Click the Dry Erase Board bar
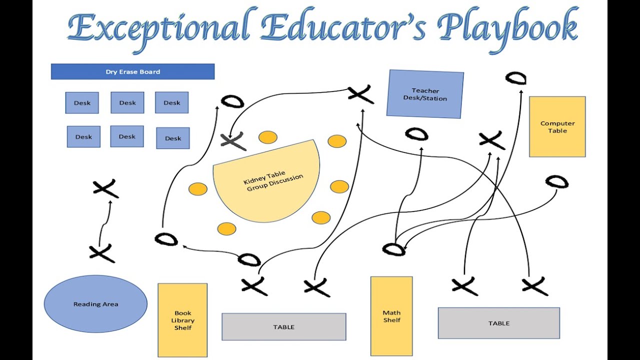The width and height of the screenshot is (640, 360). tap(132, 71)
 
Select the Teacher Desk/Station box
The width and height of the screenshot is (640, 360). tap(425, 94)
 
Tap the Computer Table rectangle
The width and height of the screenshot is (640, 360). tap(557, 127)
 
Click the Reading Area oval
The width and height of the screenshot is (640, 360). tap(95, 304)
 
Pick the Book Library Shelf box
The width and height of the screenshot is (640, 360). tap(182, 320)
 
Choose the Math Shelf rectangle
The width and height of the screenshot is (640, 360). tap(391, 316)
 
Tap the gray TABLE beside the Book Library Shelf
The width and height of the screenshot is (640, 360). tap(283, 327)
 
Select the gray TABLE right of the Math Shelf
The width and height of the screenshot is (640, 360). tap(498, 323)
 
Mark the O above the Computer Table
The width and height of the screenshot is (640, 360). tap(515, 78)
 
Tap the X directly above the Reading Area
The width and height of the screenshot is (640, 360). tap(102, 253)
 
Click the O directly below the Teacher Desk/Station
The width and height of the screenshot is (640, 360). tap(416, 134)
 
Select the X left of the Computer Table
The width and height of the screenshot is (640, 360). tap(492, 140)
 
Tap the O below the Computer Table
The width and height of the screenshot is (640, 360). tap(557, 181)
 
